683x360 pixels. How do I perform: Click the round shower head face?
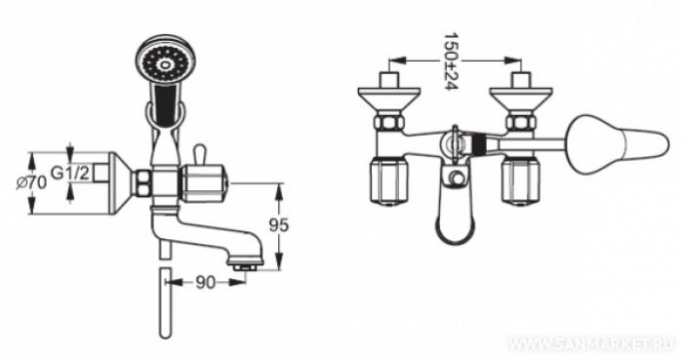point(163,63)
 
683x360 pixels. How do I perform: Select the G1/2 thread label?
point(71,175)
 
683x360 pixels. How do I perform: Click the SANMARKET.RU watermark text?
point(591,344)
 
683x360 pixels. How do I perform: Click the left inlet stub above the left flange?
point(390,77)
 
